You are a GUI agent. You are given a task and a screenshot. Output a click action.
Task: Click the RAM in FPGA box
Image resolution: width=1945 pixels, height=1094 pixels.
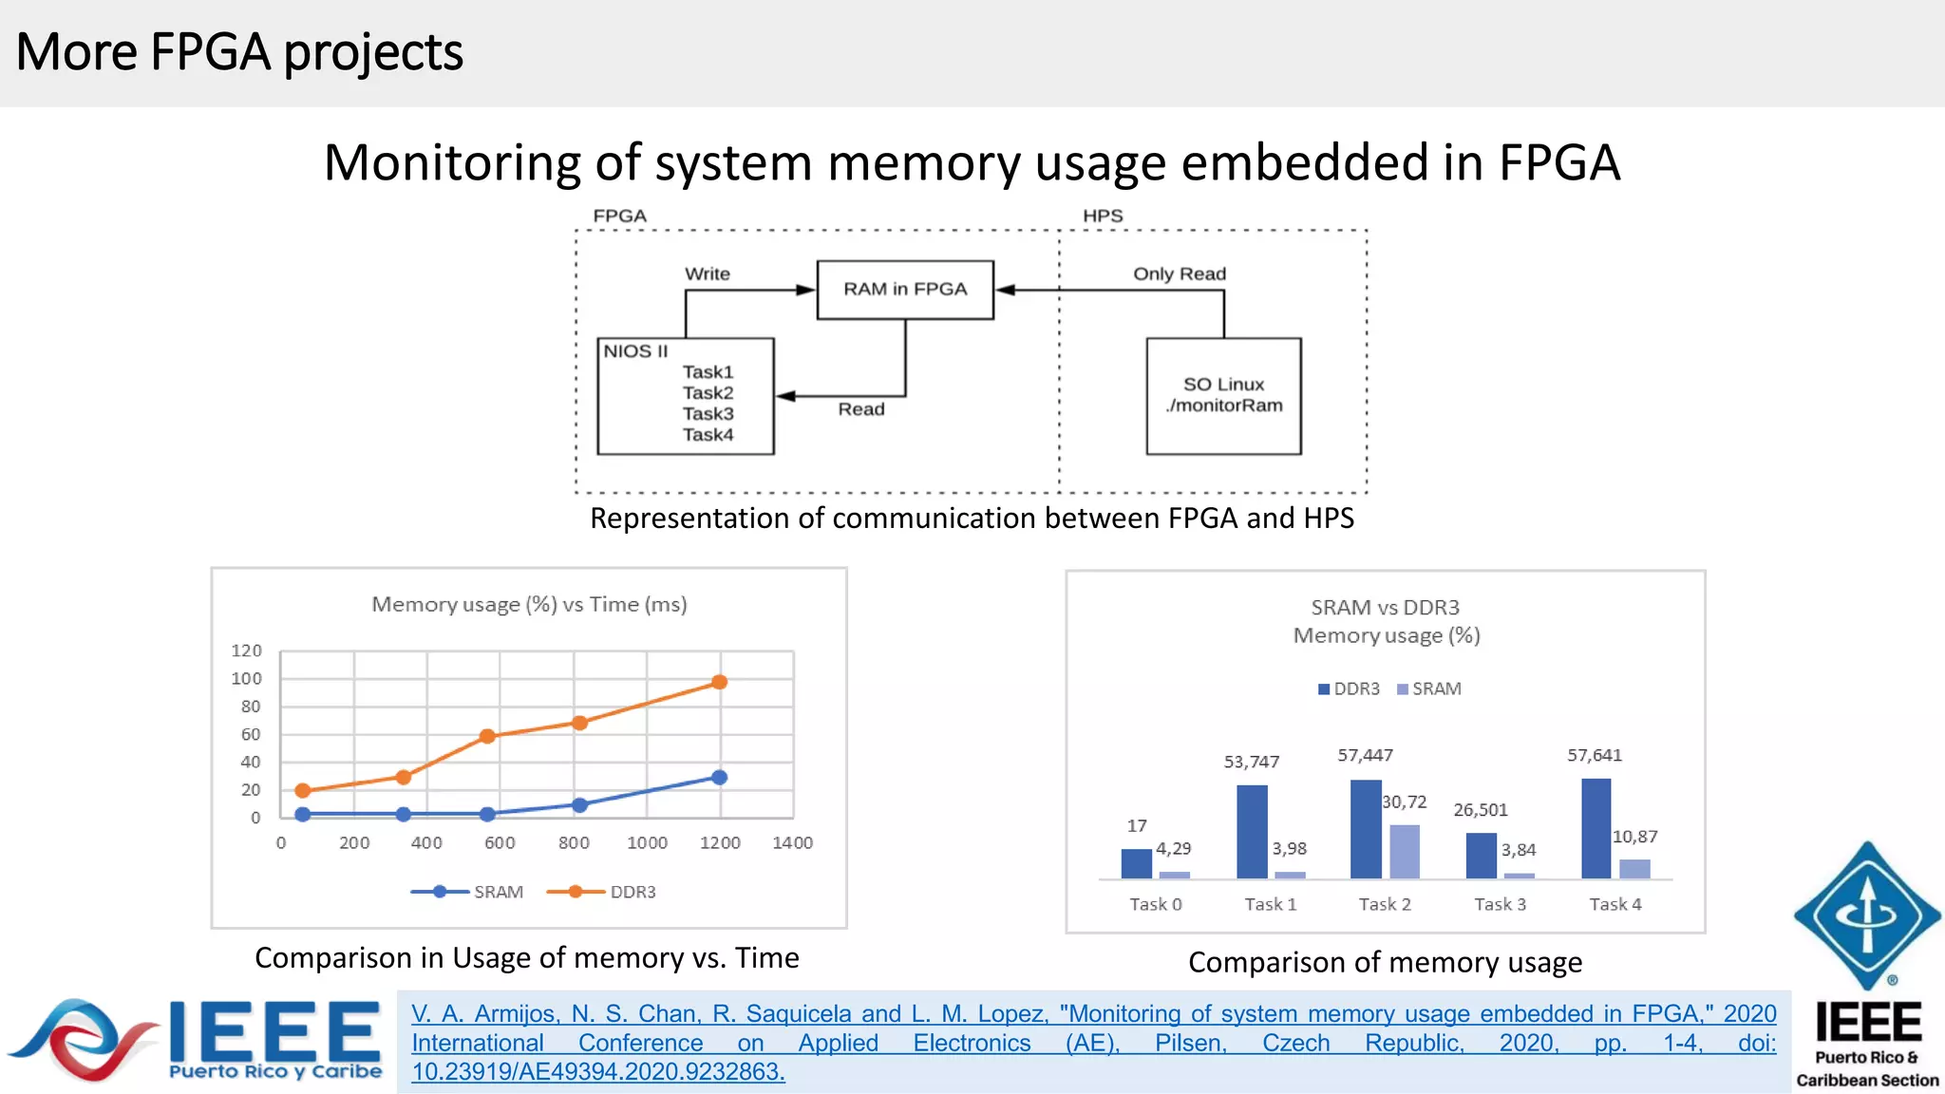coord(905,290)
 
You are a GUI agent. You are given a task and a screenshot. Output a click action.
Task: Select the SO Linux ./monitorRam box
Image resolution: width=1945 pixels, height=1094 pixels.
coord(1223,396)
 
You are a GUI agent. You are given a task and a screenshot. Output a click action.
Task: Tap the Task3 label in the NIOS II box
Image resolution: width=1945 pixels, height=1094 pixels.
coord(708,414)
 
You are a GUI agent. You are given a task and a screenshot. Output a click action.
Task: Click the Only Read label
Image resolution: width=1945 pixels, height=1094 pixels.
coord(1180,273)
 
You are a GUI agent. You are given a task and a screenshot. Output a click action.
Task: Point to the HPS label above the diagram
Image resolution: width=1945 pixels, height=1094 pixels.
coord(1103,216)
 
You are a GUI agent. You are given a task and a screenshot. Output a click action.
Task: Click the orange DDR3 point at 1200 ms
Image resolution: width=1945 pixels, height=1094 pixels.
coord(720,682)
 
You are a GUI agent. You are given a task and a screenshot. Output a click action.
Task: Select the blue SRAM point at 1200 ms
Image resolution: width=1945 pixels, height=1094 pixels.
coord(720,777)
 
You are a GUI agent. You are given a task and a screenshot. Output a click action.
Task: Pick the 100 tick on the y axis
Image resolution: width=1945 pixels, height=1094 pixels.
coord(246,678)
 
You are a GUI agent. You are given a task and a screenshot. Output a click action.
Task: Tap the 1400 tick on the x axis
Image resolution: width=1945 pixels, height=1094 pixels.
coord(792,842)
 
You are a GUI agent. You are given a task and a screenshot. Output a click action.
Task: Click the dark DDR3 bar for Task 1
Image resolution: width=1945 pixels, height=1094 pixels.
coord(1252,831)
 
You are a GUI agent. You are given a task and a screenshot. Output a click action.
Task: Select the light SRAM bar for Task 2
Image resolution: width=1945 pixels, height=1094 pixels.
coord(1405,851)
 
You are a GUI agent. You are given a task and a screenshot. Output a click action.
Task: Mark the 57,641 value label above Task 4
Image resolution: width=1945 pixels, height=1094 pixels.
coord(1595,755)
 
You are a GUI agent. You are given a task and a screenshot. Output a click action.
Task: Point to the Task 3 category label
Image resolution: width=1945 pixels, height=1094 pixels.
coord(1500,904)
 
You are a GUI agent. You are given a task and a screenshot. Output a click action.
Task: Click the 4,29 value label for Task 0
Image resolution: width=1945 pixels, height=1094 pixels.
coord(1173,848)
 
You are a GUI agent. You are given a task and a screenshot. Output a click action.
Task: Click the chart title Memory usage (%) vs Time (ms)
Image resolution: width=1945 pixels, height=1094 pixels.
coord(529,604)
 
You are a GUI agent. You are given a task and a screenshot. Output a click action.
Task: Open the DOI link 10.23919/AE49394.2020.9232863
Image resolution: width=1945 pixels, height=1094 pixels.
coord(598,1072)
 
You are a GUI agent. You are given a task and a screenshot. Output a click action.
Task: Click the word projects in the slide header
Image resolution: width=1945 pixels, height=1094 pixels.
coord(373,52)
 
